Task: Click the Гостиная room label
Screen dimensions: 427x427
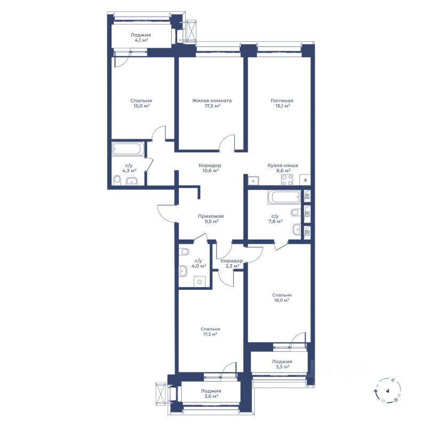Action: click(282, 101)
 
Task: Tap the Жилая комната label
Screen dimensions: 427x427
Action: click(212, 101)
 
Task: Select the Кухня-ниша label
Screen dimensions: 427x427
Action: click(283, 165)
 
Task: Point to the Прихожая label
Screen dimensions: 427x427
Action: click(211, 216)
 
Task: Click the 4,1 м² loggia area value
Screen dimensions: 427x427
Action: click(140, 41)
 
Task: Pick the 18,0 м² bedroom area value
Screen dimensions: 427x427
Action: click(282, 300)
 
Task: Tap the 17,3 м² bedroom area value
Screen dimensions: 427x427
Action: click(210, 334)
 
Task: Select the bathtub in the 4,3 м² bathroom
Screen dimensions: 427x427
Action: click(127, 149)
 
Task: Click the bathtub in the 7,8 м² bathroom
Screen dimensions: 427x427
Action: click(284, 197)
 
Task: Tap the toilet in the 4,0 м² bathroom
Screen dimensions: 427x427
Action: click(184, 251)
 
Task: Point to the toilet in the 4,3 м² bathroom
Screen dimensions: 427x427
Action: click(117, 180)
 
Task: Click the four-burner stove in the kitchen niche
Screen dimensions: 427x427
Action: click(287, 180)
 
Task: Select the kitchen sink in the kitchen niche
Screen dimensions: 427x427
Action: click(254, 181)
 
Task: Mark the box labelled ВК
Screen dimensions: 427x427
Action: click(307, 195)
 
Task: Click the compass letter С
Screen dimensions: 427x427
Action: click(393, 379)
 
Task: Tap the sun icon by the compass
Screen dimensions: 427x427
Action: click(396, 400)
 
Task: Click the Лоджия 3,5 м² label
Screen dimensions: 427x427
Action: click(282, 364)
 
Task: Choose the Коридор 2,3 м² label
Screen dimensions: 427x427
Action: click(231, 263)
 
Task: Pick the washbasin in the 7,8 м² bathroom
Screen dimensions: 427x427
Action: click(297, 230)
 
